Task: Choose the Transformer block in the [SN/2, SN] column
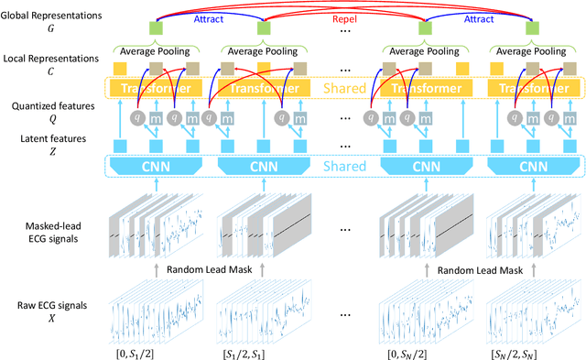point(529,90)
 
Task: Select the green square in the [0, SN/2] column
point(424,29)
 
